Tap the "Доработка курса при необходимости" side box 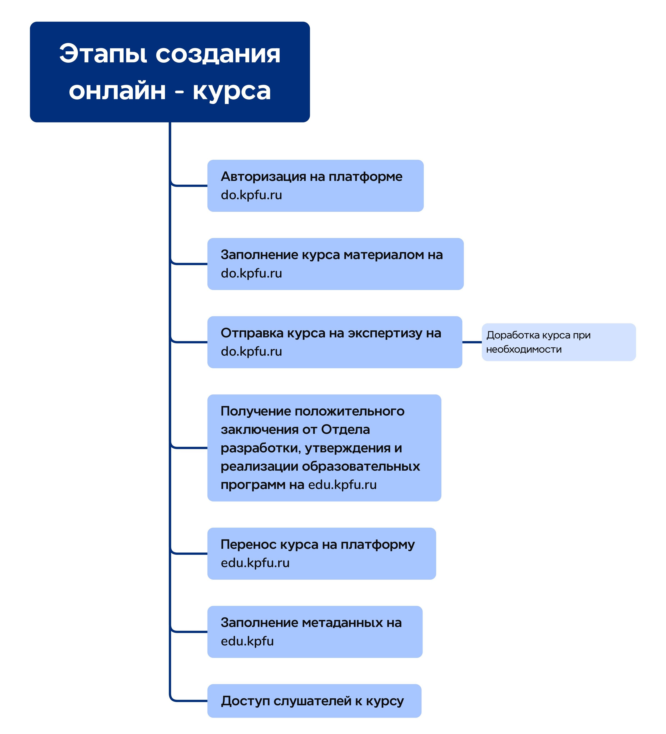[x=558, y=342]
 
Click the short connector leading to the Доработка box [x=472, y=342]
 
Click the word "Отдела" [x=345, y=430]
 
